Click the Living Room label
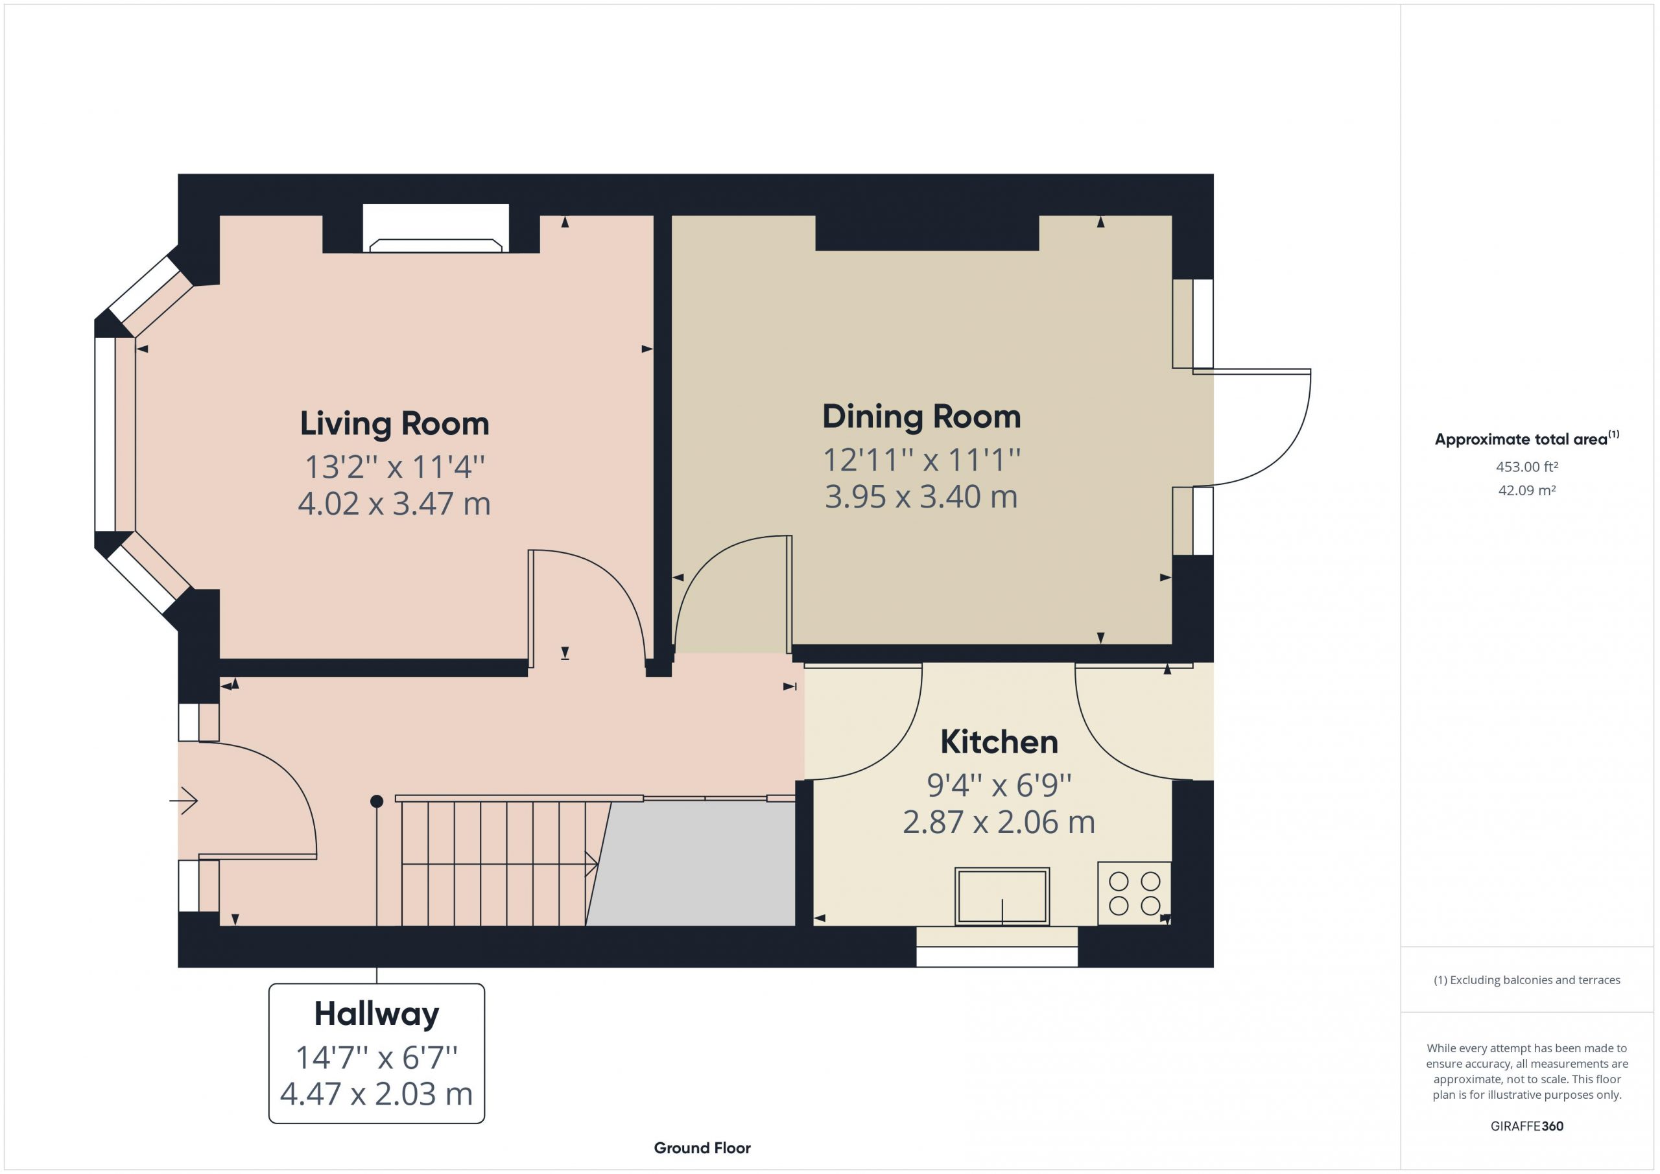coord(395,423)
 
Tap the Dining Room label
coord(922,416)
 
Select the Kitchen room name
coord(999,742)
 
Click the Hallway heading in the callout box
coord(377,1015)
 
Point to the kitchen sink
coord(1002,897)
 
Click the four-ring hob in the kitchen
coord(1134,893)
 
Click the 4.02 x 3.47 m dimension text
coord(395,504)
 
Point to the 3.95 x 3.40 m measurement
coord(922,497)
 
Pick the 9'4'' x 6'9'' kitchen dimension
coord(999,785)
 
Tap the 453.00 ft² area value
coord(1527,467)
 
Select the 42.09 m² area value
coord(1527,490)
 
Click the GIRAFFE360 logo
coord(1527,1125)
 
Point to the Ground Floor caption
coord(702,1148)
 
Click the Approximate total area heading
coord(1527,438)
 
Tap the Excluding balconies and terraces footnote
coord(1527,980)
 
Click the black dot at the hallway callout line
coord(377,801)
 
